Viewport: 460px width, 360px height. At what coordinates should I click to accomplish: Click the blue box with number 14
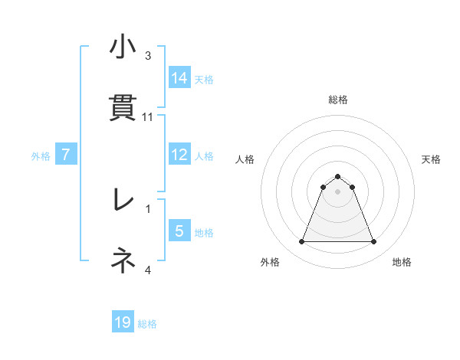pos(179,77)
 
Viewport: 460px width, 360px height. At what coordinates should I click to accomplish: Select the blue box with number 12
pos(179,155)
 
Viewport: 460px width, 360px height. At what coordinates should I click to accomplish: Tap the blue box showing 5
pos(179,231)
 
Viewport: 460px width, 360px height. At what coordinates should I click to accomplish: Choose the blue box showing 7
pos(67,155)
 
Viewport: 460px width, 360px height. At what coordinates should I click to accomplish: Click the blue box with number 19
pos(123,322)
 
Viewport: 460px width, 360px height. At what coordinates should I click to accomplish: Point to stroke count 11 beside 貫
pos(149,117)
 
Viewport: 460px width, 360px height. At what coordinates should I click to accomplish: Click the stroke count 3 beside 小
pos(148,56)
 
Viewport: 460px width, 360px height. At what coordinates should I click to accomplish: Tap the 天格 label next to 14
pos(204,79)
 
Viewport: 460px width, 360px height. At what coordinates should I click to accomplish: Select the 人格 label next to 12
pos(204,156)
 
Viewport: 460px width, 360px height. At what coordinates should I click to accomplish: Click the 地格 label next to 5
pos(204,233)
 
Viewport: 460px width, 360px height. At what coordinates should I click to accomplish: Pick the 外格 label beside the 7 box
pos(41,156)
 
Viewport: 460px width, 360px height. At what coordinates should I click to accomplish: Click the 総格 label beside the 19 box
pos(147,324)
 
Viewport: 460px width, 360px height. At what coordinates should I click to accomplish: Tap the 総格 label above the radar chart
pos(337,100)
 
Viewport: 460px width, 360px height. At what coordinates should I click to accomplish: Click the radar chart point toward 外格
pos(301,242)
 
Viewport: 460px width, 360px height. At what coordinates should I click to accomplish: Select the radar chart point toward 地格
pos(374,242)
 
